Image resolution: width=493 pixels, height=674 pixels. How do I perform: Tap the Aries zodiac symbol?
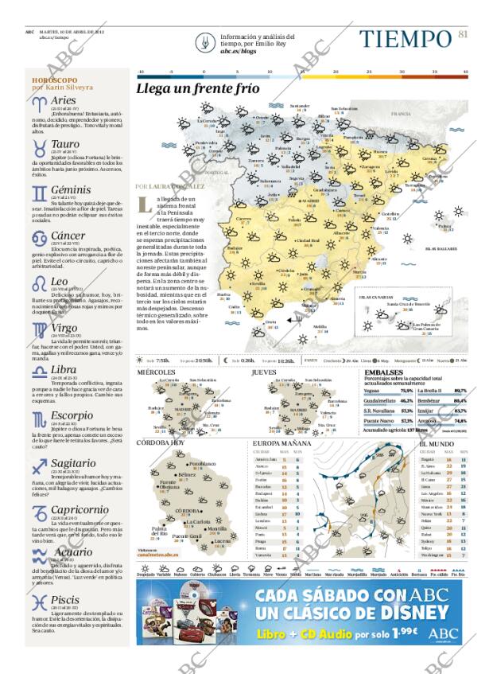(x=39, y=103)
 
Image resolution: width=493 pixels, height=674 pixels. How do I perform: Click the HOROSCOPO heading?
(x=55, y=81)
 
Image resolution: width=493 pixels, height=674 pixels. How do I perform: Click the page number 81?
(x=464, y=33)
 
